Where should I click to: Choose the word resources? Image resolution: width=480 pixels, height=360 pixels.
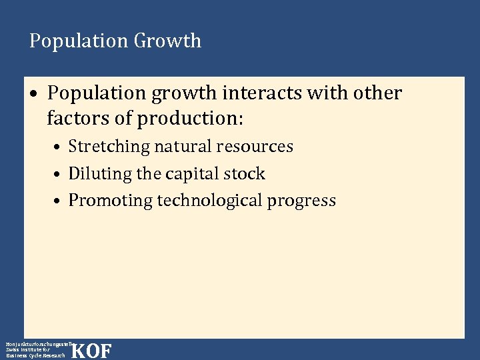(x=257, y=147)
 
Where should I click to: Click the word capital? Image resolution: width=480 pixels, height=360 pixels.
(x=195, y=174)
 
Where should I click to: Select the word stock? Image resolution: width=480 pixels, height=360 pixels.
(x=247, y=174)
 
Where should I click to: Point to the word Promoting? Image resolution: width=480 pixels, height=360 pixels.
(x=111, y=201)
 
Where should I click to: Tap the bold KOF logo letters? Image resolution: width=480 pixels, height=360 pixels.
(x=91, y=351)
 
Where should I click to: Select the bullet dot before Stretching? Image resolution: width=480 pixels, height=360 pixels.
(x=59, y=147)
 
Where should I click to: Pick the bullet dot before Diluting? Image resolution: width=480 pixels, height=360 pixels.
(x=59, y=175)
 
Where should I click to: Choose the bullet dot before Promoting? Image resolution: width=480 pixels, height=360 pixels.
(x=59, y=201)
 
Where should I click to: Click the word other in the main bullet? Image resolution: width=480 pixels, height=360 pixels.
(x=377, y=93)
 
